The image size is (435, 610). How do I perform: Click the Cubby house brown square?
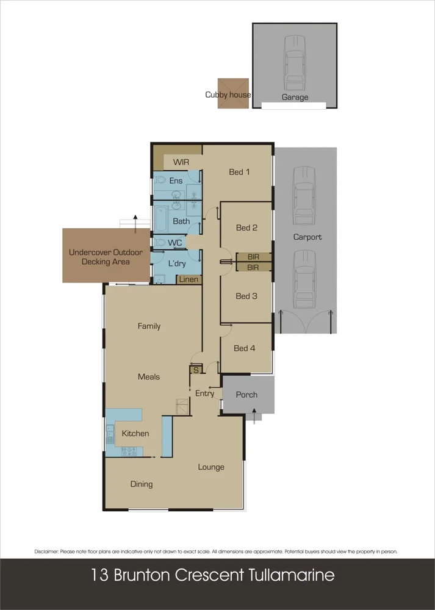click(x=234, y=93)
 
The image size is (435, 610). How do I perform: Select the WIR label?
click(x=181, y=162)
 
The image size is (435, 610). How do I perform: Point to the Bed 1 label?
click(x=239, y=172)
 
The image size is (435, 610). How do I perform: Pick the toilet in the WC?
click(x=159, y=243)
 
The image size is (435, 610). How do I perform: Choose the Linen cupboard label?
click(x=189, y=279)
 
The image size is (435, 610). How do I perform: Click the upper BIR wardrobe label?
click(x=253, y=257)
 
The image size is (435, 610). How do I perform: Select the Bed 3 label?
click(x=246, y=296)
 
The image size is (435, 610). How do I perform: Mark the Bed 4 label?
click(x=244, y=348)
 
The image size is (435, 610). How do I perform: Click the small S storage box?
click(x=196, y=370)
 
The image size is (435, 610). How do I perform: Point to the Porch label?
click(x=246, y=395)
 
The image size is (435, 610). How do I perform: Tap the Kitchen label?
click(x=135, y=434)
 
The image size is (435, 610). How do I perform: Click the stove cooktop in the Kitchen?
click(x=129, y=451)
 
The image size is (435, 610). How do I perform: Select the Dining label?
click(x=142, y=484)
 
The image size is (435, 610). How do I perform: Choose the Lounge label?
click(x=211, y=467)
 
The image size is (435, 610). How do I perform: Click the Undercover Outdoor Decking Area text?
click(x=106, y=257)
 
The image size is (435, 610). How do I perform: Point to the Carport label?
click(x=307, y=237)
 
